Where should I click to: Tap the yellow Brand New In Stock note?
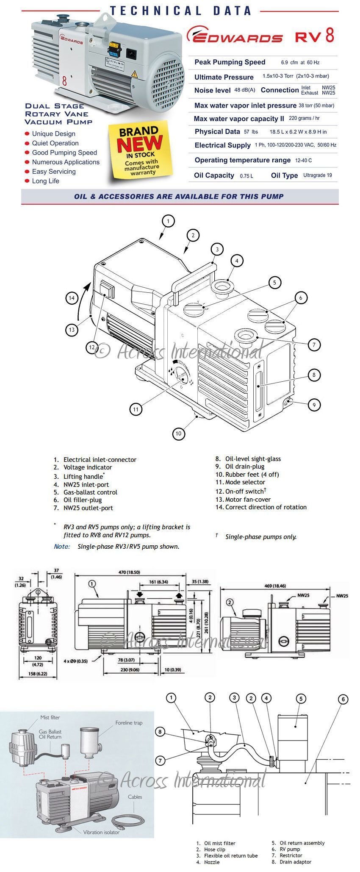[x=139, y=152]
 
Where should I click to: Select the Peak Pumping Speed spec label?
[x=230, y=62]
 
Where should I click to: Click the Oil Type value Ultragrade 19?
[x=317, y=175]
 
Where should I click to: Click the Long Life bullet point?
[x=45, y=181]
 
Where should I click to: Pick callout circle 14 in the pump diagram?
[x=72, y=298]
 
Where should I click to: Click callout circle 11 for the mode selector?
[x=136, y=409]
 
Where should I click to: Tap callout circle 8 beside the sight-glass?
[x=314, y=375]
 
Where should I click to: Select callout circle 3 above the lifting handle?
[x=217, y=249]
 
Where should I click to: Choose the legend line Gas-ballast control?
[x=90, y=492]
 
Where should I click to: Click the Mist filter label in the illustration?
[x=50, y=717]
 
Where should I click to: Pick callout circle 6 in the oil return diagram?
[x=343, y=699]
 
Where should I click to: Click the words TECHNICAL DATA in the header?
[x=180, y=11]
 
